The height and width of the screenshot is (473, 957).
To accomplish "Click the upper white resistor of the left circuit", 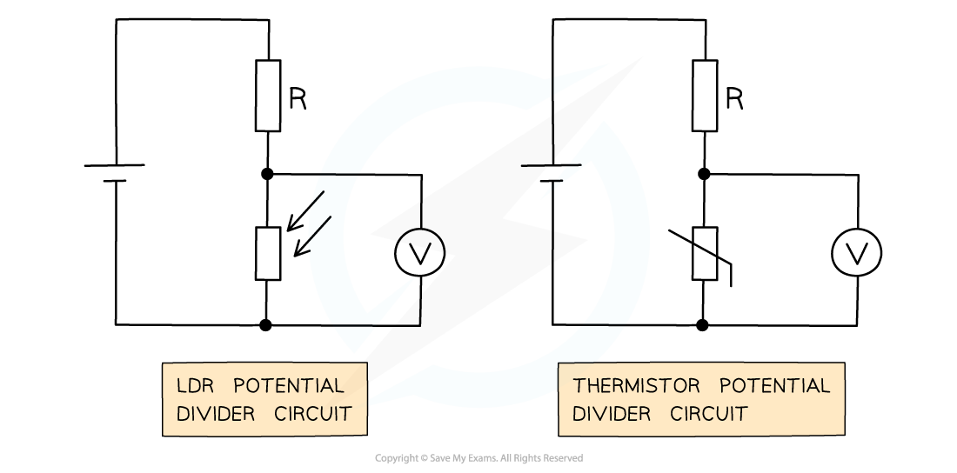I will pos(268,96).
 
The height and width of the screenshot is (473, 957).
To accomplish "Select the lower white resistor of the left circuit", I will pos(268,253).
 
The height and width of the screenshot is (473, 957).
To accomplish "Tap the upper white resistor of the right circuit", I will pos(705,96).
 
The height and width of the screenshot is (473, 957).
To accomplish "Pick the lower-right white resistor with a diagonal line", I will pos(705,253).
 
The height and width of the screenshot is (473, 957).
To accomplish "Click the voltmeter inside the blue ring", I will pos(419,253).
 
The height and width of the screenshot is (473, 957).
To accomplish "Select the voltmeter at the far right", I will pos(856,253).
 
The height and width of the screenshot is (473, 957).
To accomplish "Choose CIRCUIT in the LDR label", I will pos(313,414).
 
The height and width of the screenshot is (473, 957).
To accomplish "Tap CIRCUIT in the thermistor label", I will pos(709,414).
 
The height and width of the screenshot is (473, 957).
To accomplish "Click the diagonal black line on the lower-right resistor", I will pos(705,251).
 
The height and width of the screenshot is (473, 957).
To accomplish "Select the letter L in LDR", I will pos(181,385).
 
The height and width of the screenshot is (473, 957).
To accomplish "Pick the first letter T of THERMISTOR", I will pos(578,385).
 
